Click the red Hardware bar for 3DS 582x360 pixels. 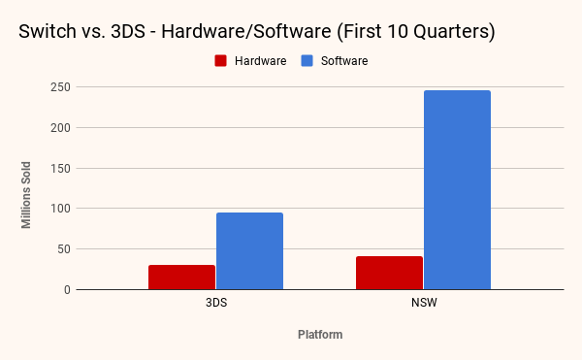click(182, 278)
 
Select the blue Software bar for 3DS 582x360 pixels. click(250, 251)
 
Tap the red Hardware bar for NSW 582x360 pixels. click(389, 273)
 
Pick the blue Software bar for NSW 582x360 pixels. click(457, 189)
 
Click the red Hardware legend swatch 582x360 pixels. click(220, 61)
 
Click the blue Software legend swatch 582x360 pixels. click(307, 61)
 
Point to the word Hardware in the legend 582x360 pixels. click(261, 61)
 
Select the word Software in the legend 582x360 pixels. click(344, 61)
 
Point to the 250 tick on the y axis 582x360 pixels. click(60, 87)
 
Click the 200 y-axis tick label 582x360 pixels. click(60, 128)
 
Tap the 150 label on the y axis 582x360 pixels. click(60, 168)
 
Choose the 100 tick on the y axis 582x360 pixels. click(60, 209)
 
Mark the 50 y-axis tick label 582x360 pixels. click(64, 249)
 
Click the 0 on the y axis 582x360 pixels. click(67, 289)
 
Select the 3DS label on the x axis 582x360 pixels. click(216, 303)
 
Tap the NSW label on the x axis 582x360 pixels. click(424, 303)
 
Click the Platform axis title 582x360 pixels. click(320, 335)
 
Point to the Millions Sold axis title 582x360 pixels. click(26, 195)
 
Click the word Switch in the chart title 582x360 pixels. click(48, 31)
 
